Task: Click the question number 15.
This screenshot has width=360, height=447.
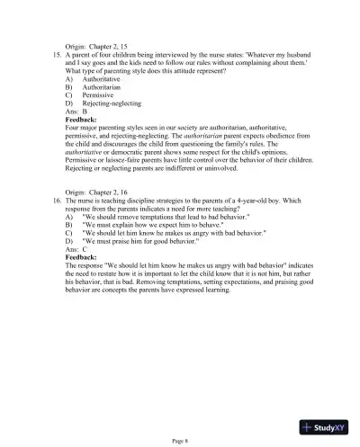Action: click(x=52, y=55)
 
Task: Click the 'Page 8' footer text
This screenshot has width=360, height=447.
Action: click(x=180, y=441)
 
